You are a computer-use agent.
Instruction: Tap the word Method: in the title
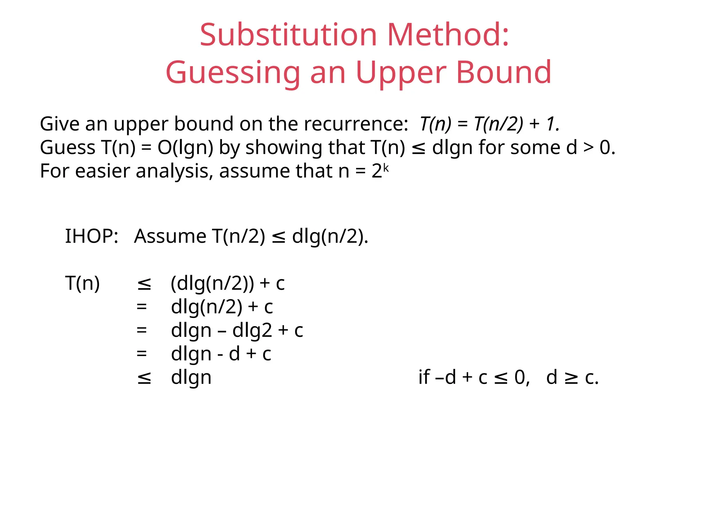[x=448, y=35]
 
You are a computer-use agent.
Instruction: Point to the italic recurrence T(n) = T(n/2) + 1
[x=490, y=124]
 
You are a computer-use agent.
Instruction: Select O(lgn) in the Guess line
[x=185, y=147]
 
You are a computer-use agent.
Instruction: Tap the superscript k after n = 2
[x=386, y=168]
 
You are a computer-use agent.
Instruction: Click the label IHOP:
[x=92, y=236]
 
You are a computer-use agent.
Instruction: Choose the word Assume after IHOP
[x=170, y=236]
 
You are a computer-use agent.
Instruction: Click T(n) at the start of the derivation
[x=83, y=283]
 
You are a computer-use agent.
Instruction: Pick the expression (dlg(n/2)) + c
[x=228, y=283]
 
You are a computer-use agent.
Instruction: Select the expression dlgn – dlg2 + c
[x=237, y=330]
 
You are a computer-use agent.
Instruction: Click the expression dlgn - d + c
[x=221, y=354]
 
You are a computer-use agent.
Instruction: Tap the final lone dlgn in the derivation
[x=191, y=377]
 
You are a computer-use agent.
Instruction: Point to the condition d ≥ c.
[x=572, y=377]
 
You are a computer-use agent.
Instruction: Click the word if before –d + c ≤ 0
[x=424, y=377]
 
